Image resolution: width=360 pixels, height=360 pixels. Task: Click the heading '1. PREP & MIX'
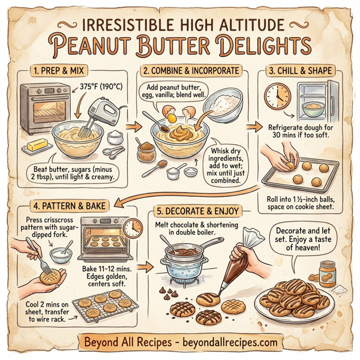pyautogui.click(x=58, y=71)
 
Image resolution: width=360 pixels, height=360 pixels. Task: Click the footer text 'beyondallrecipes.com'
pyautogui.click(x=228, y=342)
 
